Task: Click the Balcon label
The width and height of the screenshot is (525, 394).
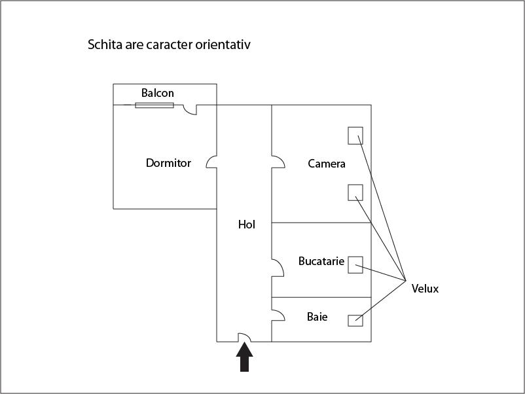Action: [158, 94]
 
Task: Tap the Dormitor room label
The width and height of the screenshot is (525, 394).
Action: [168, 163]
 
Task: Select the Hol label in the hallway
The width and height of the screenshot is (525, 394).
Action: [247, 224]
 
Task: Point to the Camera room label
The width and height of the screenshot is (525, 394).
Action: [327, 164]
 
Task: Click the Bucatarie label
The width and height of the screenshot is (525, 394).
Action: [321, 261]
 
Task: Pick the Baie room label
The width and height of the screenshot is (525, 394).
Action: [317, 317]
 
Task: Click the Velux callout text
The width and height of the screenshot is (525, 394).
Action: [425, 289]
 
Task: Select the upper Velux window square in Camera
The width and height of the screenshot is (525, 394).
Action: [355, 135]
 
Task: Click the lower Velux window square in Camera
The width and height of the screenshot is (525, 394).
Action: [355, 192]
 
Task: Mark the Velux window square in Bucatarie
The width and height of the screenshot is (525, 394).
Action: [355, 264]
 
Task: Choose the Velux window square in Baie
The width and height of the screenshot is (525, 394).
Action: [355, 320]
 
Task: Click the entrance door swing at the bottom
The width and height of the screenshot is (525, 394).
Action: [244, 337]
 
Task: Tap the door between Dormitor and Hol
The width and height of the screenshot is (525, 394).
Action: [212, 162]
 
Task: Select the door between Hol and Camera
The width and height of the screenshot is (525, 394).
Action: [278, 162]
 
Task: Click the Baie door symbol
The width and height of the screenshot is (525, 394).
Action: [278, 315]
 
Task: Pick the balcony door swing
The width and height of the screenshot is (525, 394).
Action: [190, 109]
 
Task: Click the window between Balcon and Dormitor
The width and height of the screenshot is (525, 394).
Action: [154, 105]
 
